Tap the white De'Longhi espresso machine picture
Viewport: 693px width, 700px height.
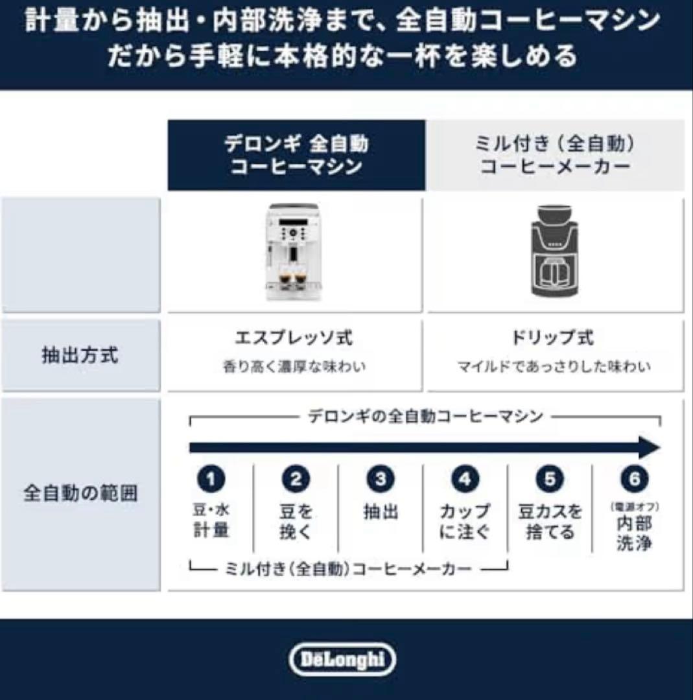[x=294, y=253]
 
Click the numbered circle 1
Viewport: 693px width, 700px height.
[x=211, y=480]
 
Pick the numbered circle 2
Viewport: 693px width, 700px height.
[x=296, y=480]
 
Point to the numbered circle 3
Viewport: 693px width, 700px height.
[x=381, y=480]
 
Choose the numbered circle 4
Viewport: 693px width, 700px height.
[x=465, y=480]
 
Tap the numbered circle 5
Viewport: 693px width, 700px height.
[x=549, y=480]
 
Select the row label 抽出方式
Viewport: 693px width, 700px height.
[x=80, y=355]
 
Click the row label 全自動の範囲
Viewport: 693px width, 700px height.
[x=80, y=494]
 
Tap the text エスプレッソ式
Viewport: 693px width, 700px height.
[x=294, y=338]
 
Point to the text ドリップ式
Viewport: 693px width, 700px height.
[x=553, y=338]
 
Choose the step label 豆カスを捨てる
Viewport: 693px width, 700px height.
[x=549, y=522]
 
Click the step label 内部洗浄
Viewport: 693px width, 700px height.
[x=633, y=533]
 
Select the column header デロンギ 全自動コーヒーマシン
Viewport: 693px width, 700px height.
[x=296, y=155]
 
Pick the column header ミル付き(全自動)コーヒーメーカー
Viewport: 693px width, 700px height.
[x=555, y=155]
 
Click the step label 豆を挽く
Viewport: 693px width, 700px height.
[x=296, y=522]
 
